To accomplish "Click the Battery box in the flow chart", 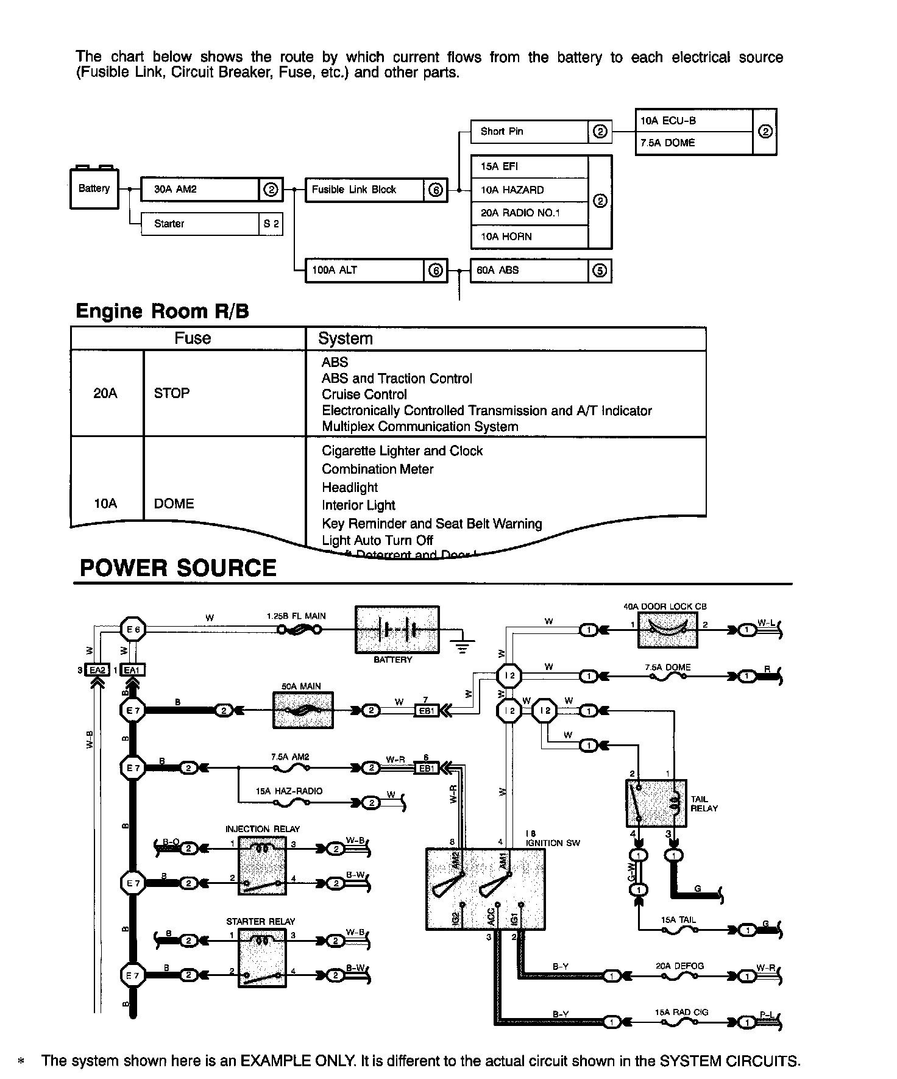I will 94,189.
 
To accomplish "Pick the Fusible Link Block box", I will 364,190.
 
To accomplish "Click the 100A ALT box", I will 364,270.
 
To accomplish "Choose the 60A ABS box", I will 530,270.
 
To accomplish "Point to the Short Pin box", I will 530,132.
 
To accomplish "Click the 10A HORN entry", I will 530,237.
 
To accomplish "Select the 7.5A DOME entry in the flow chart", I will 694,143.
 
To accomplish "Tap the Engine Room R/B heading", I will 162,312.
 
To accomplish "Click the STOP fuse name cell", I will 172,393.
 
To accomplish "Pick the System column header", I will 346,338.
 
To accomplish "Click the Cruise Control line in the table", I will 364,394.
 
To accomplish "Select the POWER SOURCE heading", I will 178,568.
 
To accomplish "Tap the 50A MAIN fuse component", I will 303,710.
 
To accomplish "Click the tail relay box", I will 656,803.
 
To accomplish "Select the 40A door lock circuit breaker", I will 667,630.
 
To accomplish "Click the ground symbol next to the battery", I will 463,645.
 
